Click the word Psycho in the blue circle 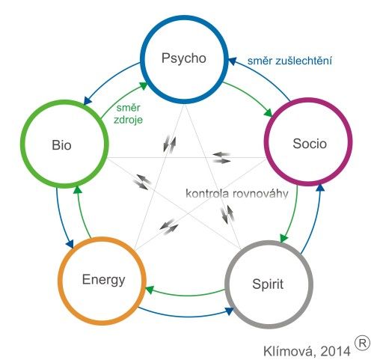point(184,59)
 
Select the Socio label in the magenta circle point(310,144)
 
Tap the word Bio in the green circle point(61,145)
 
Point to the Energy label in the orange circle point(104,281)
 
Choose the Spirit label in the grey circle point(268,284)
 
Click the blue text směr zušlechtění point(289,61)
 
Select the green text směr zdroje point(128,114)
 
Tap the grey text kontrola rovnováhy point(237,194)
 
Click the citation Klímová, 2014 point(307,351)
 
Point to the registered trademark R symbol point(362,344)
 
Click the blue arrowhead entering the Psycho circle point(233,61)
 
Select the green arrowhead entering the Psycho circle point(144,86)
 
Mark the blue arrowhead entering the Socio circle point(320,188)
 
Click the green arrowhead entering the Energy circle point(150,290)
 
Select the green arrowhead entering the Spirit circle point(283,239)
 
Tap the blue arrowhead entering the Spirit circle point(230,311)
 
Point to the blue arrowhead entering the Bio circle point(87,100)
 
